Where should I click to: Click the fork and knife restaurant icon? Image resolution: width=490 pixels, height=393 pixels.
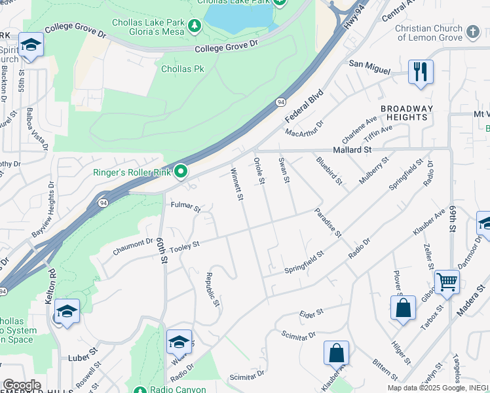421,71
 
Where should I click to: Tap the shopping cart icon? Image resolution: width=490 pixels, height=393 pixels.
447,282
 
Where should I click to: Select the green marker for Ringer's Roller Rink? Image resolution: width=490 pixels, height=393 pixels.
181,172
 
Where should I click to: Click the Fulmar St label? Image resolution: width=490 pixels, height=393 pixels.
185,207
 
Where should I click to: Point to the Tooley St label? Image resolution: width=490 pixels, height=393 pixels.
184,246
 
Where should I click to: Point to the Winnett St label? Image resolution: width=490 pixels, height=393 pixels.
236,184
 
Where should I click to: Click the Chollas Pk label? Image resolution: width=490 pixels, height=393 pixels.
177,69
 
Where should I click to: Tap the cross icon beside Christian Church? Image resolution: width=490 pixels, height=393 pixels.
473,31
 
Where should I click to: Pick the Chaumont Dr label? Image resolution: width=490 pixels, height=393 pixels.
132,244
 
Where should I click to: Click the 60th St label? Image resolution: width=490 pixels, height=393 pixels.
162,252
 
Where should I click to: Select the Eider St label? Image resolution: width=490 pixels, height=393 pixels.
311,313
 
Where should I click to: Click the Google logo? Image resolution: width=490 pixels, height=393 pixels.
21,385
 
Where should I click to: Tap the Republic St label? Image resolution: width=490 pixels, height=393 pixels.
211,290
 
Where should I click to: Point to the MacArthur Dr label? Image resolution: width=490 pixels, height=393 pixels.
305,128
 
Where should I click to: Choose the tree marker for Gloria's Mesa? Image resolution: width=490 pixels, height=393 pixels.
194,26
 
